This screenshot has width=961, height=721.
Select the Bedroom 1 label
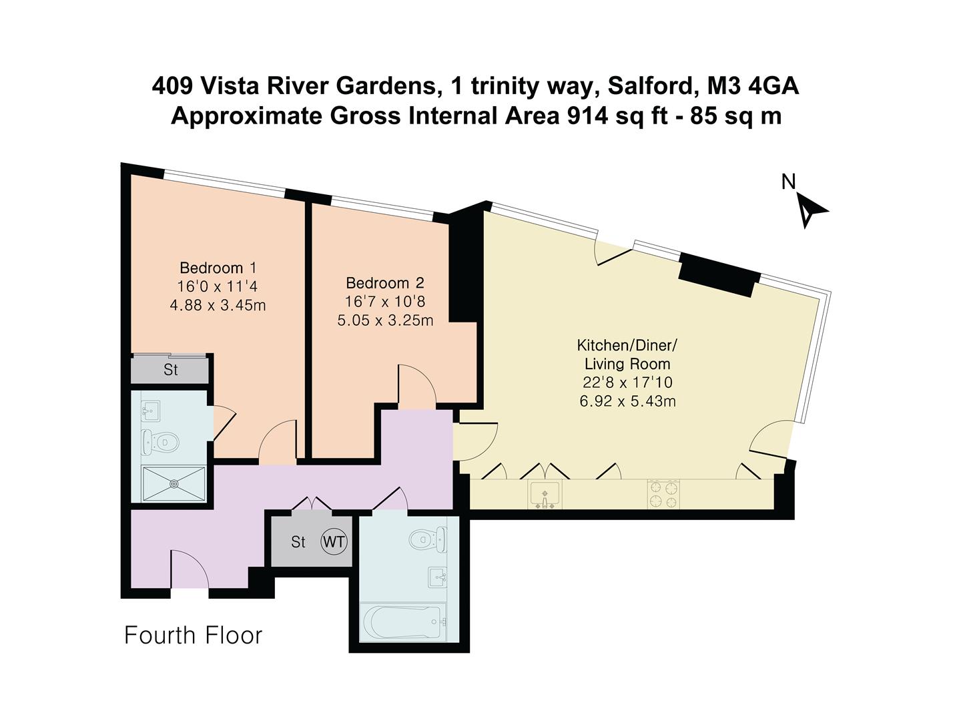pyautogui.click(x=218, y=268)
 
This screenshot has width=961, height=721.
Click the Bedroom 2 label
pyautogui.click(x=385, y=283)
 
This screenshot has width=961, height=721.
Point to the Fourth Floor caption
pyautogui.click(x=194, y=635)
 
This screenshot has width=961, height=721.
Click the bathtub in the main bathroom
pyautogui.click(x=403, y=622)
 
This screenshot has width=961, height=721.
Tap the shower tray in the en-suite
pyautogui.click(x=174, y=483)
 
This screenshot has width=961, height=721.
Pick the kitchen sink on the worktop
pyautogui.click(x=545, y=495)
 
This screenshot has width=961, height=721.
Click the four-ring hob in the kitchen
pyautogui.click(x=662, y=495)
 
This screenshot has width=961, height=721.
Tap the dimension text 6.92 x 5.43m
pyautogui.click(x=627, y=401)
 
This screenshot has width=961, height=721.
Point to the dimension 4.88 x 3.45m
pyautogui.click(x=218, y=305)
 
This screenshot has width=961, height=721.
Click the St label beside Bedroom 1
pyautogui.click(x=171, y=370)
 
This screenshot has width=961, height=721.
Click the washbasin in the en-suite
pyautogui.click(x=151, y=410)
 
